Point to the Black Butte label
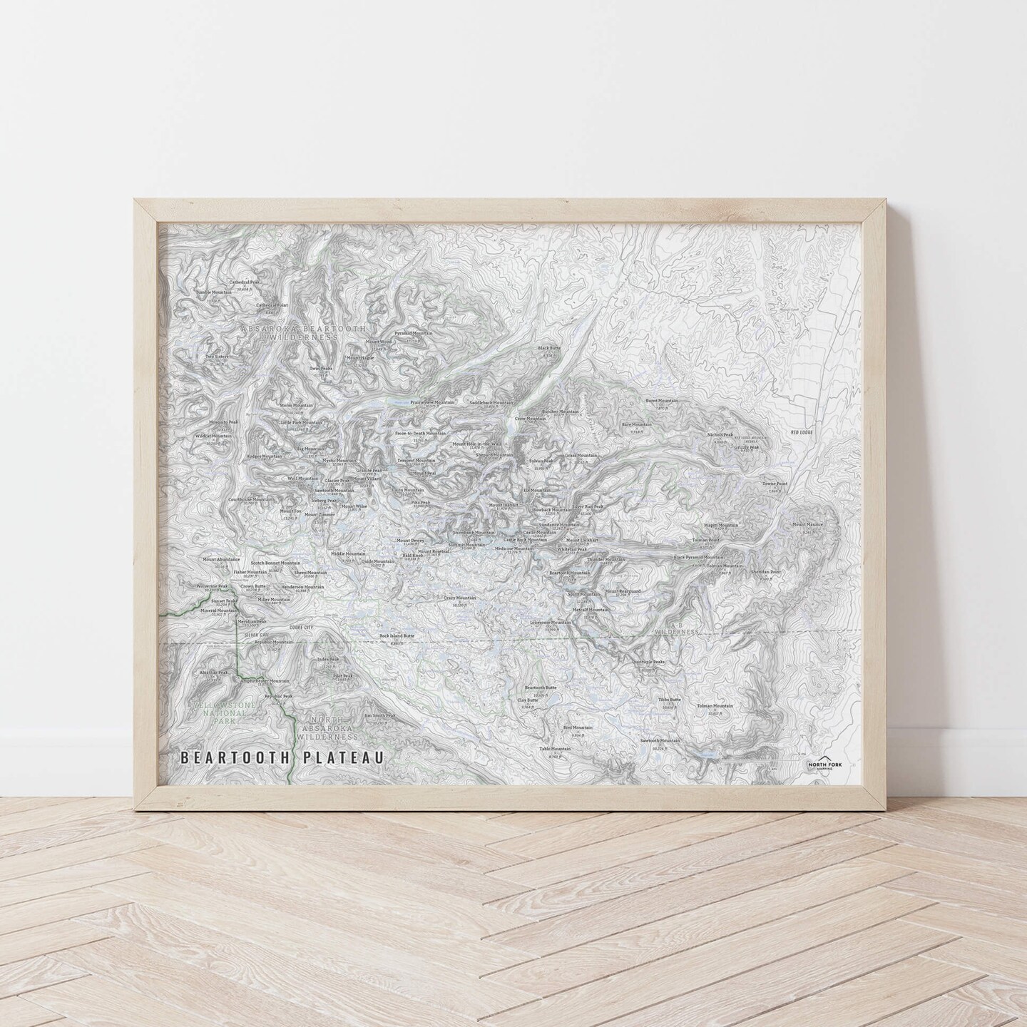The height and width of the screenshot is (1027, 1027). point(550,348)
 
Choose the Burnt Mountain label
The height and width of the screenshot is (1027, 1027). point(662,401)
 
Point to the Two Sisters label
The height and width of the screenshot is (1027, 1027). point(217,357)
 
